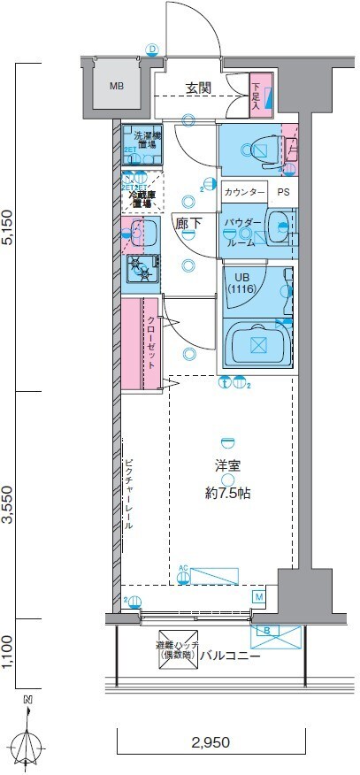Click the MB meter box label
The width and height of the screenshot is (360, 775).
point(117,86)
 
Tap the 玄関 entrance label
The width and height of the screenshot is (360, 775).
point(198,88)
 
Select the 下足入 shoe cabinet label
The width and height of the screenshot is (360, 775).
point(256,95)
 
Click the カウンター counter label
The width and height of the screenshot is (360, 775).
point(244,192)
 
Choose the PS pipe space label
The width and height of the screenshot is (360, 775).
point(283,192)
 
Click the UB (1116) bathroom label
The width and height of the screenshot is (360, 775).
point(241,282)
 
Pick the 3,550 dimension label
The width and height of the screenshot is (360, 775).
point(9,504)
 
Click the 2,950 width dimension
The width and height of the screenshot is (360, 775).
point(210,742)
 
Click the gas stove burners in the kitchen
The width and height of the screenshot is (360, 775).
point(139,267)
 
